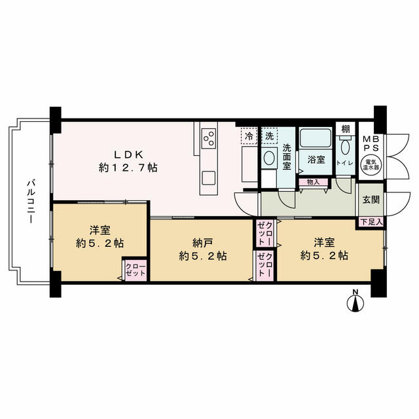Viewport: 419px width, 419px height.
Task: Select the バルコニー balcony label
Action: pyautogui.click(x=30, y=202)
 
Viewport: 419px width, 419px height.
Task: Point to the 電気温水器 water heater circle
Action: pyautogui.click(x=372, y=166)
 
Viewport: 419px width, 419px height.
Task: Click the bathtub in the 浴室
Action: pyautogui.click(x=316, y=137)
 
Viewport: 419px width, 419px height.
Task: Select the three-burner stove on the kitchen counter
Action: pyautogui.click(x=209, y=138)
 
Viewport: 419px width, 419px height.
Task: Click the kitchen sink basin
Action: pyautogui.click(x=209, y=177)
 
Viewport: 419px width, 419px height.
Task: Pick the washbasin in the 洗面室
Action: pyautogui.click(x=269, y=158)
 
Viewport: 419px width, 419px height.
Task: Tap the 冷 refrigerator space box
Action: pyautogui.click(x=249, y=136)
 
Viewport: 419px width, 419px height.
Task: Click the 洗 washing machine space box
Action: pyautogui.click(x=269, y=136)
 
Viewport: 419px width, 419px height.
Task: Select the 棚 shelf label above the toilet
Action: pyautogui.click(x=346, y=130)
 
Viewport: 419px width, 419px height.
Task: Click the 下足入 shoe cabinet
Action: pyautogui.click(x=371, y=222)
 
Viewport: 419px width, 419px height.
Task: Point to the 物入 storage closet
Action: pyautogui.click(x=313, y=182)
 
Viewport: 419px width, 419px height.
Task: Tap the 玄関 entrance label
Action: pyautogui.click(x=371, y=199)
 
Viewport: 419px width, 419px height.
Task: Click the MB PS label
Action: pyautogui.click(x=371, y=143)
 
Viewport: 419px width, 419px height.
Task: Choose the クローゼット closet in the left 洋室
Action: pyautogui.click(x=136, y=270)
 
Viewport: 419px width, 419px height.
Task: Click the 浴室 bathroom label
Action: pyautogui.click(x=316, y=160)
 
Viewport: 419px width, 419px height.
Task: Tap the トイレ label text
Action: pyautogui.click(x=345, y=163)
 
